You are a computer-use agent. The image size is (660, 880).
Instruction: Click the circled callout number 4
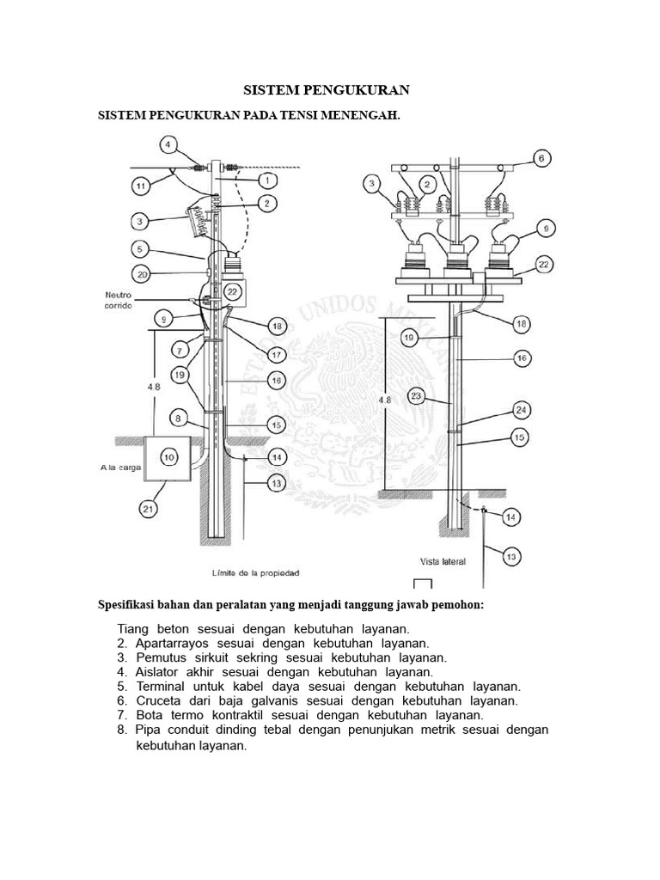168,144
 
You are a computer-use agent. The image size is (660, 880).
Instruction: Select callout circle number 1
268,180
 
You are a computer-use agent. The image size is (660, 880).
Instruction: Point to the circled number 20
143,275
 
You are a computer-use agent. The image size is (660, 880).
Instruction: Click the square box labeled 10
168,458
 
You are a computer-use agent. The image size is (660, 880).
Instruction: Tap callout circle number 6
541,158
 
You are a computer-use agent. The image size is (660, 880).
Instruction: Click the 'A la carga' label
117,469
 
